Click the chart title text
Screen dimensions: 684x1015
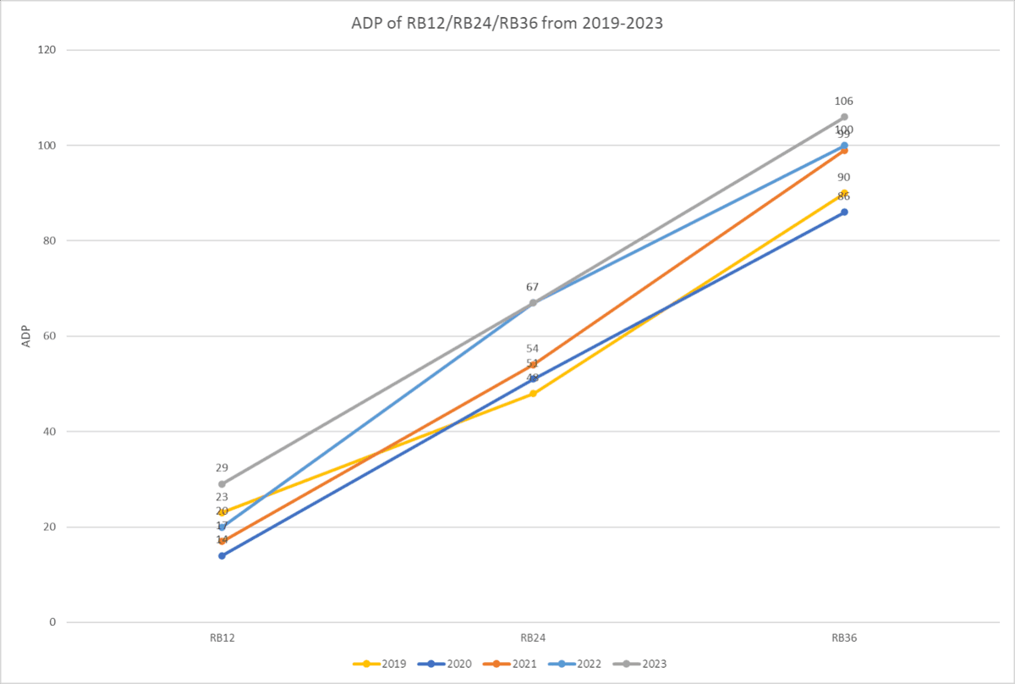click(507, 24)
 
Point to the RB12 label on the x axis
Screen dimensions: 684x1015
click(222, 638)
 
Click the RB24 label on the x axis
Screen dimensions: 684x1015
click(533, 638)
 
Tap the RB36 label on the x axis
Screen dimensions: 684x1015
click(844, 638)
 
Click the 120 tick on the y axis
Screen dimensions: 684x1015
click(47, 50)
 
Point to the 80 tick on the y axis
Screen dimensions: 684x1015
click(50, 240)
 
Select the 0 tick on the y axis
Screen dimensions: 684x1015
click(52, 622)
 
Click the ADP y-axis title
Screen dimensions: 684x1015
click(25, 336)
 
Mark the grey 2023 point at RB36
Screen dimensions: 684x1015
click(844, 117)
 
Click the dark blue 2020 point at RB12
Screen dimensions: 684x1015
click(222, 555)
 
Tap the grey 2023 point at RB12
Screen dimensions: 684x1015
click(222, 484)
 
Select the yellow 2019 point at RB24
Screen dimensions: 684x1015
click(533, 394)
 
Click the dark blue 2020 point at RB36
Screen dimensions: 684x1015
click(844, 212)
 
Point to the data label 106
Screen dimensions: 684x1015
click(843, 102)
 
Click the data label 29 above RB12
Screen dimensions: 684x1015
click(222, 468)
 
